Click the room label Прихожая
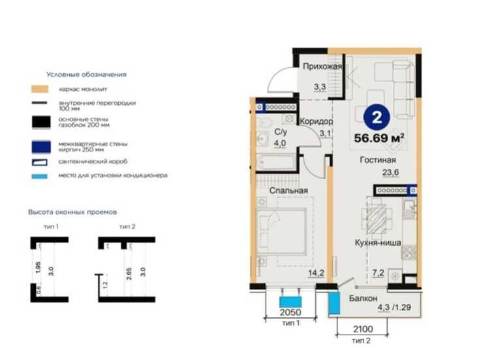click(x=322, y=67)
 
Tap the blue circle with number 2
click(x=377, y=117)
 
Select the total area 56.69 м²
click(x=379, y=138)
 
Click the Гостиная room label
click(x=378, y=160)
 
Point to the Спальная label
click(x=288, y=190)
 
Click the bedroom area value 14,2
click(x=317, y=273)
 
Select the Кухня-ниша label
click(x=378, y=243)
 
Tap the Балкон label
click(x=364, y=298)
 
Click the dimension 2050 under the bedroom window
click(x=290, y=312)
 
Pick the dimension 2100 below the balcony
click(x=364, y=329)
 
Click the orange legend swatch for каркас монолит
click(x=40, y=89)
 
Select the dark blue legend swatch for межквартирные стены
click(x=41, y=147)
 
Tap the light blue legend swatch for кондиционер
click(x=40, y=176)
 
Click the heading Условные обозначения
click(x=87, y=74)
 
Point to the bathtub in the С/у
click(x=276, y=161)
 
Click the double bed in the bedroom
click(x=281, y=232)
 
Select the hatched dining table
click(x=377, y=219)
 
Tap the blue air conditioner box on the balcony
click(x=334, y=303)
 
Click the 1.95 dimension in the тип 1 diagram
click(x=38, y=267)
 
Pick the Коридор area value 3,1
click(x=325, y=134)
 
